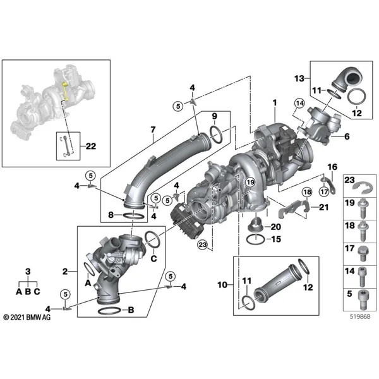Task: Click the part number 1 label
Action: click(x=275, y=103)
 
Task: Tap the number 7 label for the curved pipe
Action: click(x=153, y=129)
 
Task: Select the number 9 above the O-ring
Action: click(x=215, y=116)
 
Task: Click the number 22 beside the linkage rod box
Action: click(x=91, y=146)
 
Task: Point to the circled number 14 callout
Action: click(x=299, y=103)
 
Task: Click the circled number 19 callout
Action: click(x=250, y=182)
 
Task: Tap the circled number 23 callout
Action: click(x=203, y=245)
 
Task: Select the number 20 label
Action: click(x=276, y=227)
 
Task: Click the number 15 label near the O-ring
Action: click(x=276, y=239)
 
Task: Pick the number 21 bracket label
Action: click(x=324, y=207)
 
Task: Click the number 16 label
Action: click(x=332, y=167)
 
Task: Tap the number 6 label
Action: click(x=347, y=136)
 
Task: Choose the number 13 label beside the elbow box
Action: click(x=299, y=78)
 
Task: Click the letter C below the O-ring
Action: click(x=153, y=258)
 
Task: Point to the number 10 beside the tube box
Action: click(x=222, y=285)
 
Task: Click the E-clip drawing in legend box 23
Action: click(x=361, y=188)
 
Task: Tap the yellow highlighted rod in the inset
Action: click(x=65, y=92)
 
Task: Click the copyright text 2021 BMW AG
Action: click(x=27, y=317)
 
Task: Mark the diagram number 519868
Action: click(x=360, y=316)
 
